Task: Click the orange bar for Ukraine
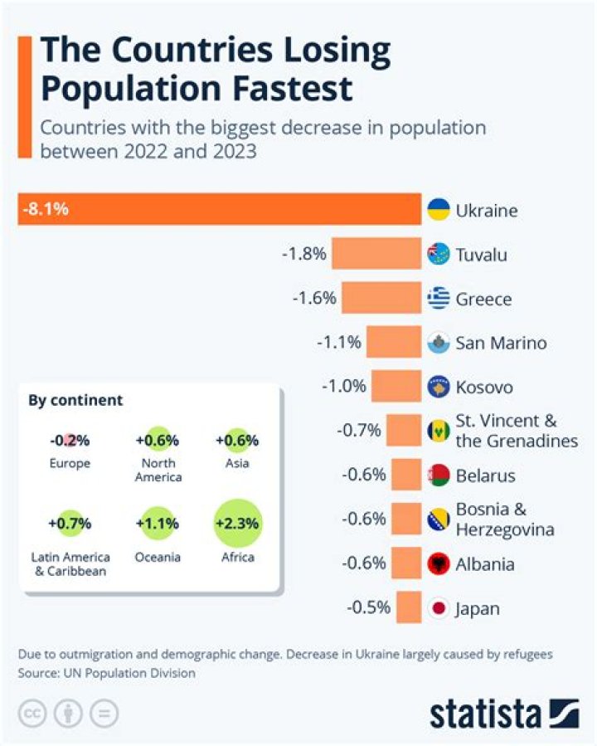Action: tap(220, 209)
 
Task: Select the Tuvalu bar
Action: tap(376, 254)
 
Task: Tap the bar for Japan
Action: tap(409, 607)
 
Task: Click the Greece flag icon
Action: tap(439, 298)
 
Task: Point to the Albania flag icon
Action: tap(439, 563)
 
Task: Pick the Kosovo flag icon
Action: tap(439, 387)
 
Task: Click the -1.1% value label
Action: tap(339, 342)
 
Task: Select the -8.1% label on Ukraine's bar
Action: tap(46, 209)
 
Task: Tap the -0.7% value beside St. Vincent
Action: tap(359, 431)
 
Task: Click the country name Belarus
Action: tap(485, 475)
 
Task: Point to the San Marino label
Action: tap(501, 343)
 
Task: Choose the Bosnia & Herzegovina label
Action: tap(505, 519)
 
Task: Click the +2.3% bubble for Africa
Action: tap(238, 524)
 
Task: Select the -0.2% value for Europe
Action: tap(70, 441)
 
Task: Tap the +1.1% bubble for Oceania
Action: tap(158, 524)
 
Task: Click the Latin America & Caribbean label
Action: tap(70, 563)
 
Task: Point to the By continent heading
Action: tap(75, 400)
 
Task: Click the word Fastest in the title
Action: tap(293, 89)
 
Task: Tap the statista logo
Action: tap(505, 714)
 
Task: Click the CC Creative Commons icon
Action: tap(32, 714)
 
